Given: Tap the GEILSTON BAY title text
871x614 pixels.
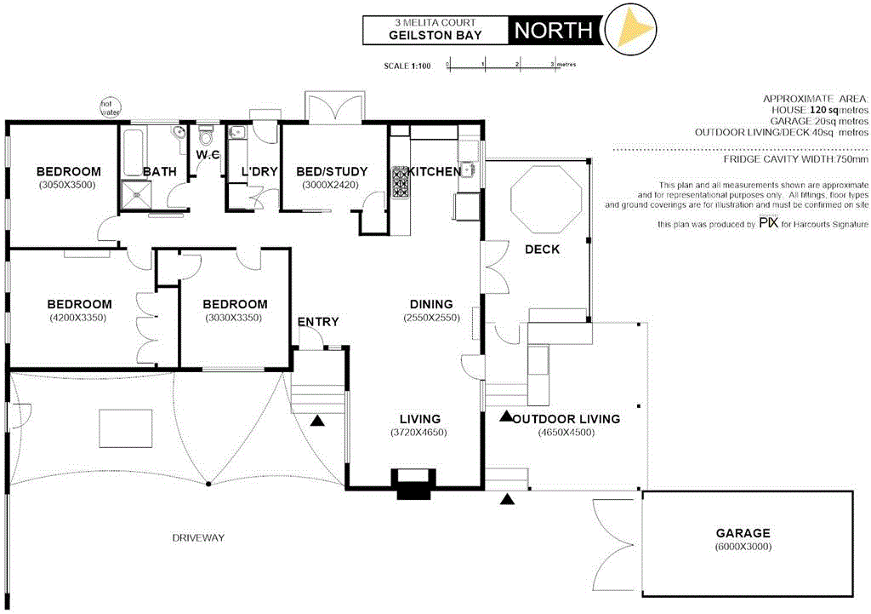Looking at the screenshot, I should [435, 35].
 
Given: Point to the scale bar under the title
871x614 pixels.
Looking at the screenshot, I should [501, 65].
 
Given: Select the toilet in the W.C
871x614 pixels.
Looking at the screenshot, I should [205, 137].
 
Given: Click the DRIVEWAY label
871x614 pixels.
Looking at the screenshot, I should [197, 537].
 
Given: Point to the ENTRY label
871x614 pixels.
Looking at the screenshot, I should [318, 322].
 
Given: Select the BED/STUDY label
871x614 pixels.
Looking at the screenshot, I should [332, 171].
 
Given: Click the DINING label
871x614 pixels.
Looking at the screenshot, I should [431, 304].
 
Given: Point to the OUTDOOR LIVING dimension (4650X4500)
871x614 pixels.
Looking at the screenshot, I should [566, 432].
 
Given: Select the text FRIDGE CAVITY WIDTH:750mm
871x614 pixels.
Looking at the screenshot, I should [795, 158].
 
